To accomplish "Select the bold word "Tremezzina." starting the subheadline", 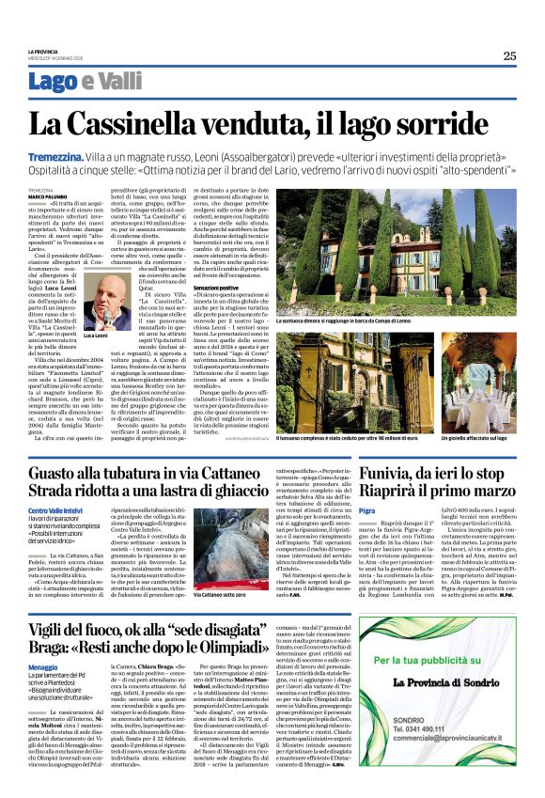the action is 82,158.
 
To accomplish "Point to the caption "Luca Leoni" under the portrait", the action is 97,336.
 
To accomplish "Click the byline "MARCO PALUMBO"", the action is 47,196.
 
